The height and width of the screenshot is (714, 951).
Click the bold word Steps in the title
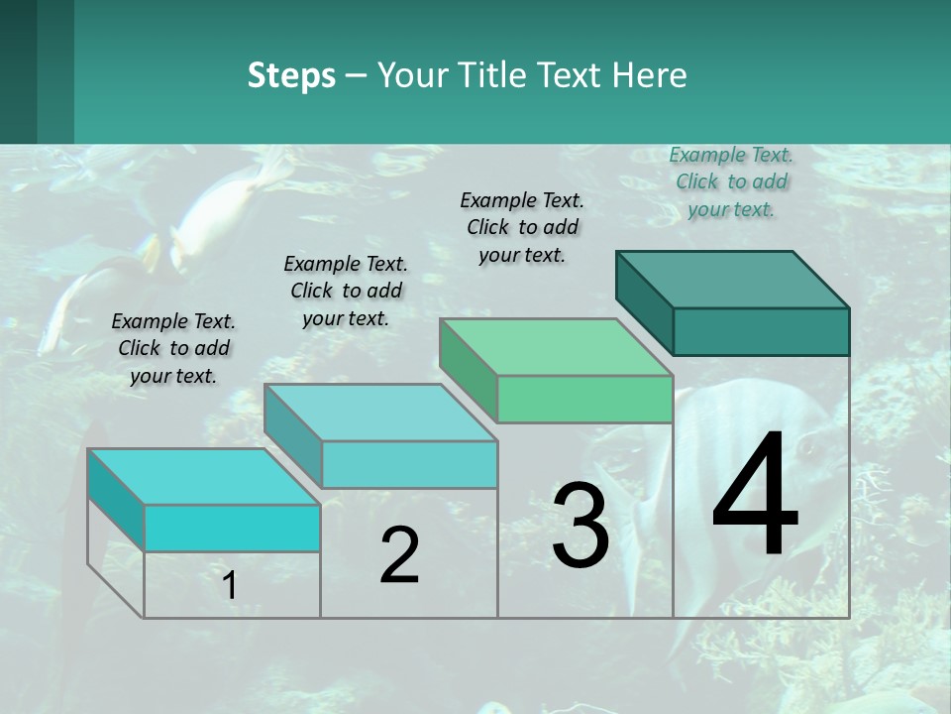coord(291,75)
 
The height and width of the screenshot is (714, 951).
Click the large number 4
coord(755,496)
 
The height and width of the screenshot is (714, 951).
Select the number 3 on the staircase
coord(580,526)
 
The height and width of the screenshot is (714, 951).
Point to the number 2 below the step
coord(399,555)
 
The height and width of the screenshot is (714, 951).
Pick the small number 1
coord(230,586)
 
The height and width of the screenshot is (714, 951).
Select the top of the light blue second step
coord(380,413)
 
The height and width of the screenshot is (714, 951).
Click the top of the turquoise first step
coord(204,477)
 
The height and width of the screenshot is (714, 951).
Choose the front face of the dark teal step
coord(761,331)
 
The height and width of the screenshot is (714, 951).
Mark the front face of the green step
coord(584,400)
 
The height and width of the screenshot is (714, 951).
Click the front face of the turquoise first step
coord(232,528)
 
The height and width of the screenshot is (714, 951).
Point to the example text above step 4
coord(731,181)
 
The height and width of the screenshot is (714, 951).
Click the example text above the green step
coord(522,227)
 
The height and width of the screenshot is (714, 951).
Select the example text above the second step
coord(346,291)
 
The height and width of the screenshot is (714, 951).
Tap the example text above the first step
coord(173,348)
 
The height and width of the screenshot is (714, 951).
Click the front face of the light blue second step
coord(408,464)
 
